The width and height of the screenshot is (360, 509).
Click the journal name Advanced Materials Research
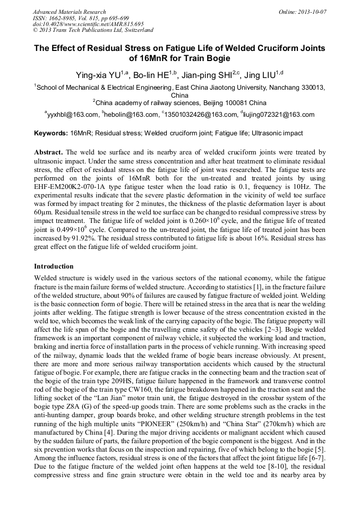pyautogui.click(x=69, y=12)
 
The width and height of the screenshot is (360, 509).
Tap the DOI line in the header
pyautogui.click(x=88, y=24)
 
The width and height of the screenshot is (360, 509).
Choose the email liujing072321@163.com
pyautogui.click(x=279, y=114)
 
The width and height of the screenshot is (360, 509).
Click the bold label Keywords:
pyautogui.click(x=51, y=133)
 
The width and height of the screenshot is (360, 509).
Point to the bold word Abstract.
pyautogui.click(x=49, y=152)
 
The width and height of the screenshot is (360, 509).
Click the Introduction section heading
pyautogui.click(x=54, y=266)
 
